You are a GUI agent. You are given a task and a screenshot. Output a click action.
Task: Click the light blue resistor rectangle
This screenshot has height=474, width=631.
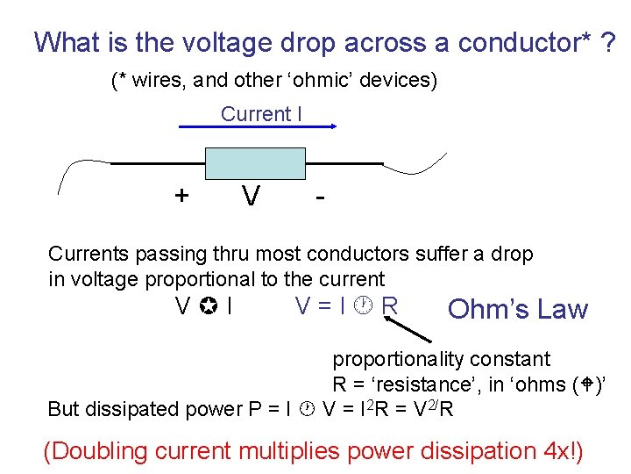254,163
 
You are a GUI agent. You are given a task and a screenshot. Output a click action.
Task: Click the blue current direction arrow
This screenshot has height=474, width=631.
258,126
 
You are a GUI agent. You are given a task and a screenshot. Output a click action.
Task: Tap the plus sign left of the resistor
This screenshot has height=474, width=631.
181,195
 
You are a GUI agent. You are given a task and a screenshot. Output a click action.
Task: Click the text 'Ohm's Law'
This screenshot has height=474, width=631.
517,309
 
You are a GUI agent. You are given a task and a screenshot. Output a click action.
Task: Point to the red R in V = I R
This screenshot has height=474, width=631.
391,306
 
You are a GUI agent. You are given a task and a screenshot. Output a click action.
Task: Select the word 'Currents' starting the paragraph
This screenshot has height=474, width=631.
87,255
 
